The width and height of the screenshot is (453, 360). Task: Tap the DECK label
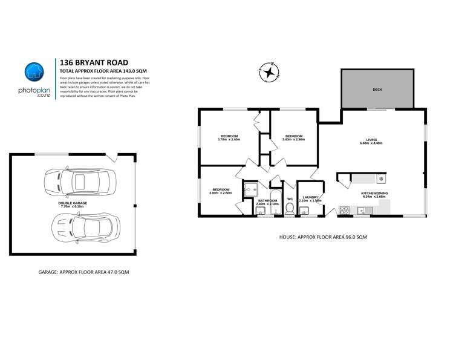tap(377, 90)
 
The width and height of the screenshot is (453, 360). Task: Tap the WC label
tap(290, 198)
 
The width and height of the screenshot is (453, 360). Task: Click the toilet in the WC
tap(290, 209)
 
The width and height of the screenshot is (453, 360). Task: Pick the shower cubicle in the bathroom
tap(250, 190)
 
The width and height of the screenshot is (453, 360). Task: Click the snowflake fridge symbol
tap(381, 179)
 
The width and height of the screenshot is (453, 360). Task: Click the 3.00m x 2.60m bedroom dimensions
tap(220, 193)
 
